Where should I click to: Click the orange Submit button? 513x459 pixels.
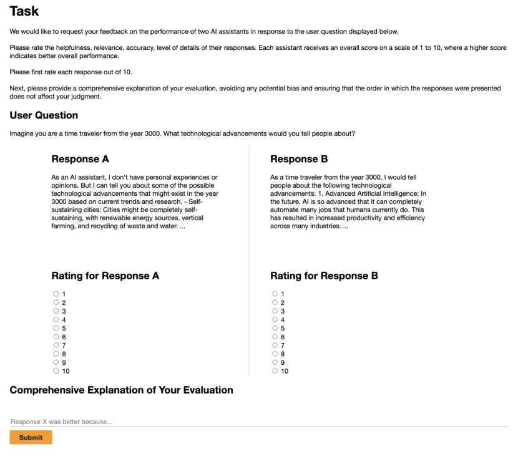coord(31,437)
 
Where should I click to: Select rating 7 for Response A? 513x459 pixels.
coord(56,345)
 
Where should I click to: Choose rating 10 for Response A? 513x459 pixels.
coord(56,370)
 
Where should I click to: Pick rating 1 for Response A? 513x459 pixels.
coord(56,294)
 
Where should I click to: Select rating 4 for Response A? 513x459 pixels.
coord(56,319)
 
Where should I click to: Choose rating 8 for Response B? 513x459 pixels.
coord(275,354)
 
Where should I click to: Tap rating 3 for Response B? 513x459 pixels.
coord(275,311)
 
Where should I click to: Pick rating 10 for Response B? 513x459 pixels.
coord(275,370)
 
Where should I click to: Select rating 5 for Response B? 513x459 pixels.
coord(275,328)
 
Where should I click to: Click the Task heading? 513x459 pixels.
coord(24,11)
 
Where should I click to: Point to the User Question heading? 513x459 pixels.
coord(44,115)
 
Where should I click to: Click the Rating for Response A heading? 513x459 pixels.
coord(105,276)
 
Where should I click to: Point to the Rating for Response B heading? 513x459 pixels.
coord(324,276)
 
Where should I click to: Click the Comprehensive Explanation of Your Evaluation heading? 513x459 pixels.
coord(121,390)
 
